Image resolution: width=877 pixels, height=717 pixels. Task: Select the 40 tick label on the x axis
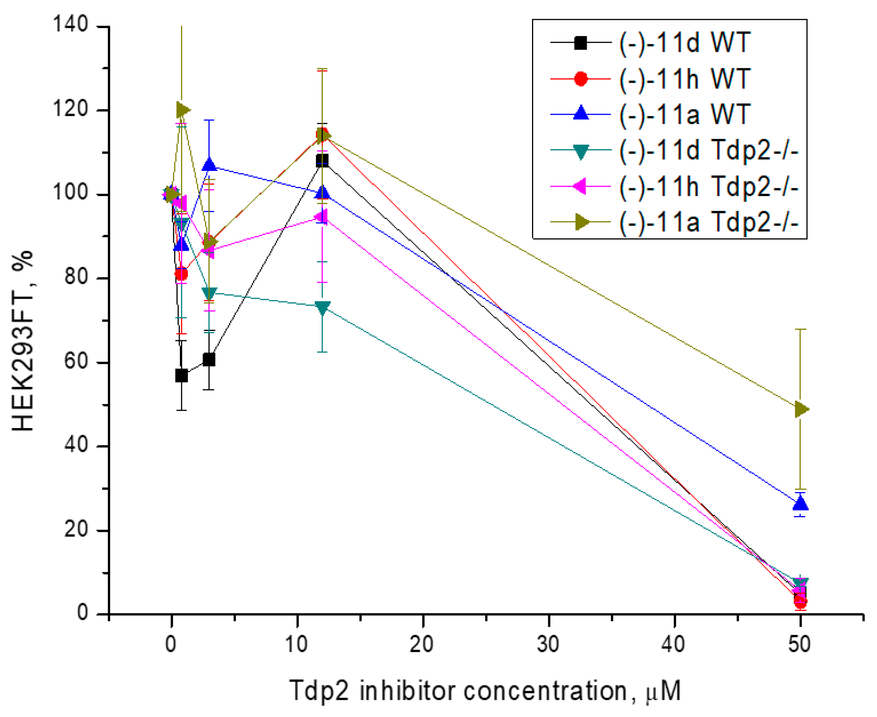[x=673, y=645]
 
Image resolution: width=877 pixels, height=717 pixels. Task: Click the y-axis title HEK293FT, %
[x=23, y=341]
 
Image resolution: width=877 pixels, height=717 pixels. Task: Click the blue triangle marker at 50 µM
[x=801, y=504]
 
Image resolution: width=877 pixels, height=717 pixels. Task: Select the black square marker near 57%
[x=181, y=376]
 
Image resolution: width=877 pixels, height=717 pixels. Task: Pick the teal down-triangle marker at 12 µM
[x=322, y=308]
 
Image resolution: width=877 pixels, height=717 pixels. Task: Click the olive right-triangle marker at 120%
[x=182, y=110]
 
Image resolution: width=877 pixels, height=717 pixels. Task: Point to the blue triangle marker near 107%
[x=210, y=165]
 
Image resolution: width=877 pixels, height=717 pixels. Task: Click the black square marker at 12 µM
[x=322, y=161]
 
